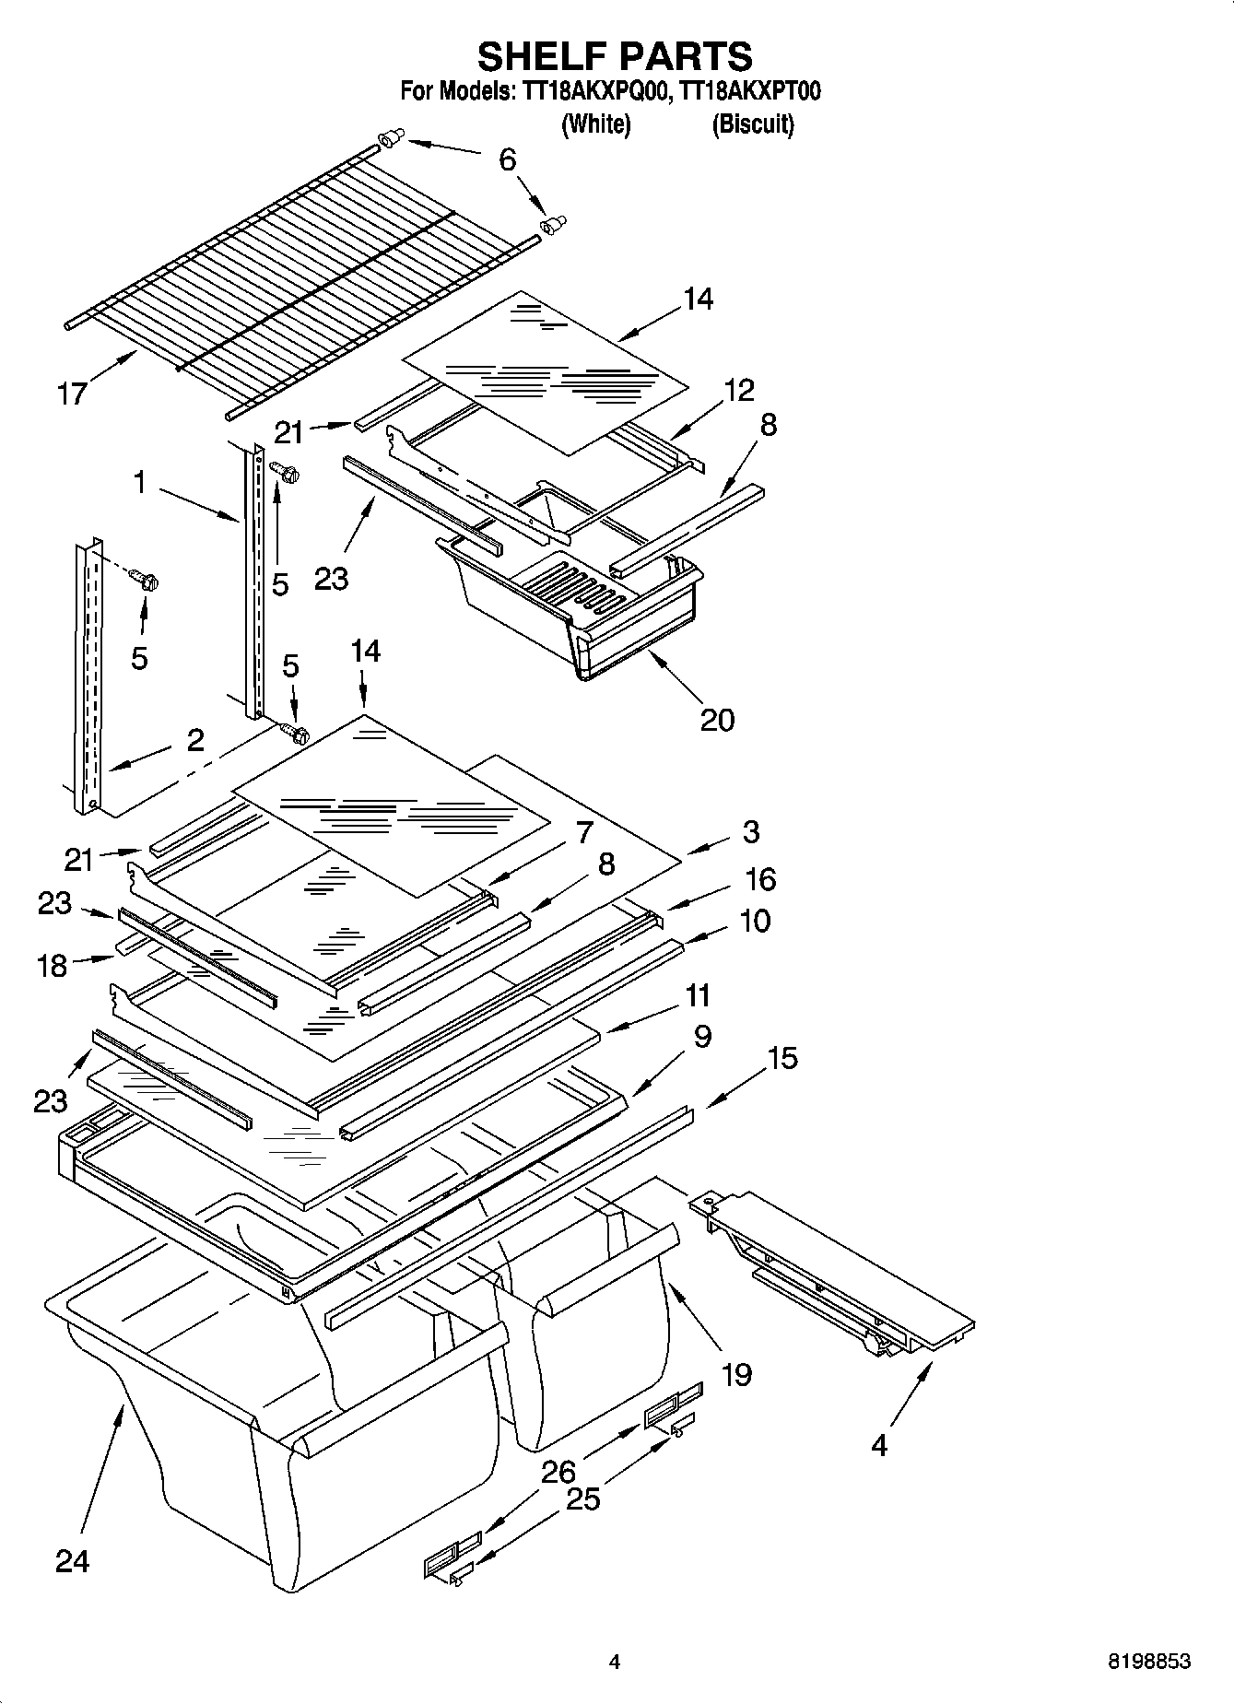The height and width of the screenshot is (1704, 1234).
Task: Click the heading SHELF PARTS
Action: pos(615,56)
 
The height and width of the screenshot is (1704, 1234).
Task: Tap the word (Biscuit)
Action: pos(752,123)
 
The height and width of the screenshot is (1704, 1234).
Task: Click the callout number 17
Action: pos(72,394)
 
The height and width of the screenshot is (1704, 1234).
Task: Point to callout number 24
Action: pos(72,1560)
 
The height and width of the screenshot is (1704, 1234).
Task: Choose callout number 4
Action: pos(878,1445)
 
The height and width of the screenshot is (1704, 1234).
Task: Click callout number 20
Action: pos(717,720)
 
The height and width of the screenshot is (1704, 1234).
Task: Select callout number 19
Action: pos(736,1375)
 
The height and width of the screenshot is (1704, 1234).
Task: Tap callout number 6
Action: pos(508,159)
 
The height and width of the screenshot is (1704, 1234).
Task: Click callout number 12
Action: pos(738,390)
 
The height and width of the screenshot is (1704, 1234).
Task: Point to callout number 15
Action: pos(782,1058)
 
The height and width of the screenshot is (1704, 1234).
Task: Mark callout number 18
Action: pos(53,965)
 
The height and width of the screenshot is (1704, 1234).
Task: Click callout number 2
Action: pos(195,740)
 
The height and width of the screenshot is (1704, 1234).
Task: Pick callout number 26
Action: pos(558,1472)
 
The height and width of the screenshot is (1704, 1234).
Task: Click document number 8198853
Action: pos(1148,1662)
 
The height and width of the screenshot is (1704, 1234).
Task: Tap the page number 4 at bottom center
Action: pos(615,1662)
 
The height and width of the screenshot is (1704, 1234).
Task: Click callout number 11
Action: pos(698,995)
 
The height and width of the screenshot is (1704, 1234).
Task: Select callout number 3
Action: pos(750,831)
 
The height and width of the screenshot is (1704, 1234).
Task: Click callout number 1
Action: pos(139,481)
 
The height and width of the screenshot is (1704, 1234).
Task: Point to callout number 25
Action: pos(582,1499)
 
